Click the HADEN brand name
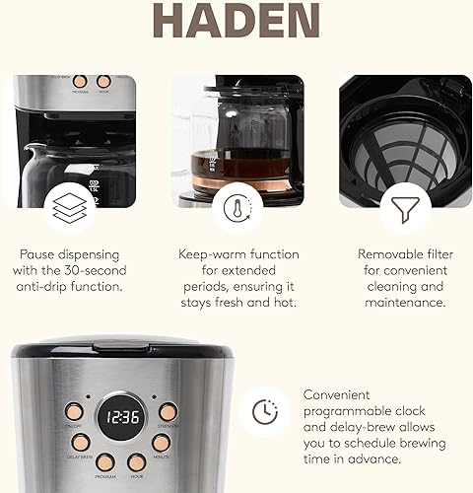pos(236,21)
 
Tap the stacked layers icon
pos(71,208)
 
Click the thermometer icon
pos(236,208)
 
